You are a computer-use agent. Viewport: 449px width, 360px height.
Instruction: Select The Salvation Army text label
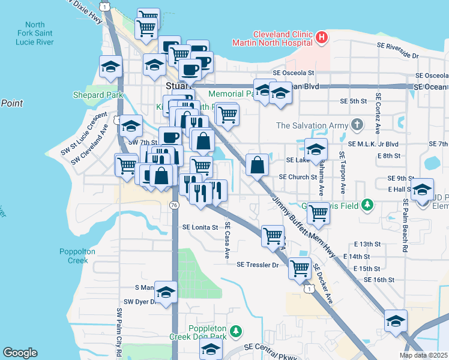coord(312,125)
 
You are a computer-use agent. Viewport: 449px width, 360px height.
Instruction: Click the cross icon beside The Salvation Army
coord(357,125)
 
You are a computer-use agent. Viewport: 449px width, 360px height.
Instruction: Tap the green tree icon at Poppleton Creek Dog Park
coord(237,331)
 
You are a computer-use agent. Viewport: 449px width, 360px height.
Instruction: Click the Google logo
coord(20,353)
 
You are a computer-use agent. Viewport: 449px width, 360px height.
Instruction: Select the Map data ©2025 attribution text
coord(423,355)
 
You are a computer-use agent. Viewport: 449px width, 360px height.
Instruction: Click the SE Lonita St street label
coord(200,227)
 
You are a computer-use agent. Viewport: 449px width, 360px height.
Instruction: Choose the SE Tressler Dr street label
coord(258,265)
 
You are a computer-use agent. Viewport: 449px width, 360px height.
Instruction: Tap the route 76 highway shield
coord(174,205)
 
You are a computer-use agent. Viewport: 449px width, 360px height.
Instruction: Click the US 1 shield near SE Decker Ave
coord(309,289)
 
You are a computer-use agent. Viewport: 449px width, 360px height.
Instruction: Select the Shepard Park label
coord(97,95)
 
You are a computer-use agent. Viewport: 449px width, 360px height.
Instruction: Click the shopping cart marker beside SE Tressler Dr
coord(300,268)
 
